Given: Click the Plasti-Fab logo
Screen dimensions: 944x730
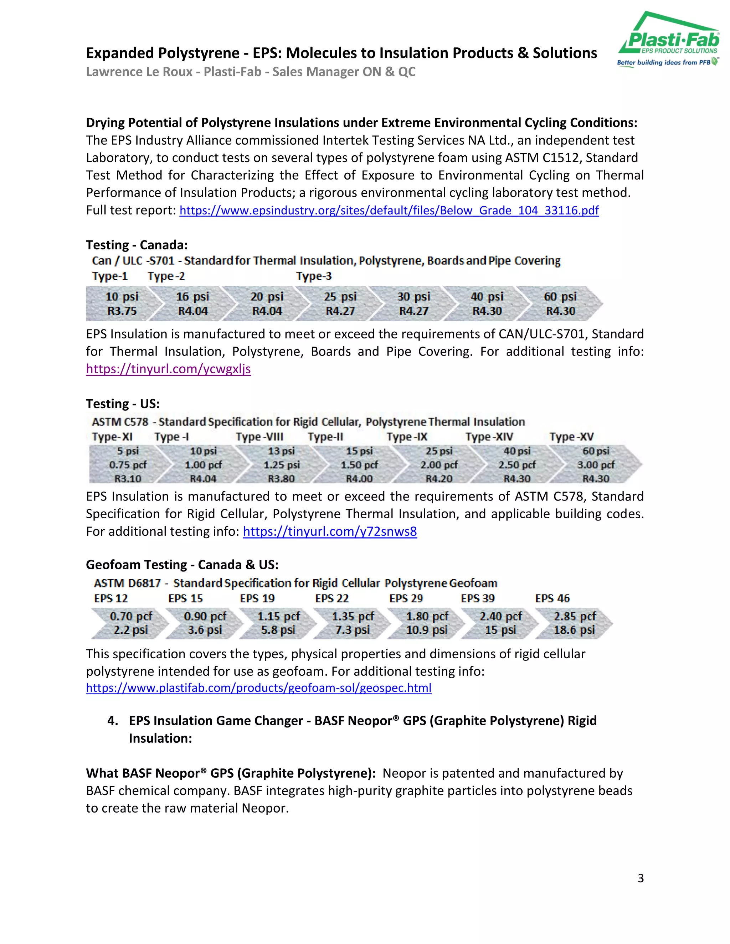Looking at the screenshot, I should tap(669, 40).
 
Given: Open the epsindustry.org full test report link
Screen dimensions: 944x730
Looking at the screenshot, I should tap(389, 211).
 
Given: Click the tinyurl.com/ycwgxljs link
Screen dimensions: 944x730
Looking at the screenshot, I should tap(168, 369).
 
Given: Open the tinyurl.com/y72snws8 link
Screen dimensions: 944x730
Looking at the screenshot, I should tap(330, 531).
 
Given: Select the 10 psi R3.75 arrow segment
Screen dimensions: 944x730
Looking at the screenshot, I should tap(122, 304).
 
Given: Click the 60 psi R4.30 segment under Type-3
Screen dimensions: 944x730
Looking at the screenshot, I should tap(560, 304).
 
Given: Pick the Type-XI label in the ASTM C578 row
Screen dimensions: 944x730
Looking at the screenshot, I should tap(112, 437).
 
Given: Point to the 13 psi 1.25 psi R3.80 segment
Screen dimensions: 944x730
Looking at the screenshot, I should tap(281, 465).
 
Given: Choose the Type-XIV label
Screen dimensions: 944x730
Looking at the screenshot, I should tap(489, 437).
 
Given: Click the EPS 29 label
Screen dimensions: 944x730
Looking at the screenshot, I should tap(406, 599).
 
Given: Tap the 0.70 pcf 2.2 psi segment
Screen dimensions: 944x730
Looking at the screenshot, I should tap(130, 623).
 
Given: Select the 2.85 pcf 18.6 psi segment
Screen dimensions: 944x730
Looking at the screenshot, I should tap(574, 623).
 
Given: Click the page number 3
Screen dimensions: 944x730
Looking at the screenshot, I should tap(641, 878).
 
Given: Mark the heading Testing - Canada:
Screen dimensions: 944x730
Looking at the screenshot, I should tap(137, 245).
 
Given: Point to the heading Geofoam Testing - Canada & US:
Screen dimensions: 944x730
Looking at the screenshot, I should tap(182, 565).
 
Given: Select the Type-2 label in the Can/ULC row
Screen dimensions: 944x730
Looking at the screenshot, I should tap(166, 276).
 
